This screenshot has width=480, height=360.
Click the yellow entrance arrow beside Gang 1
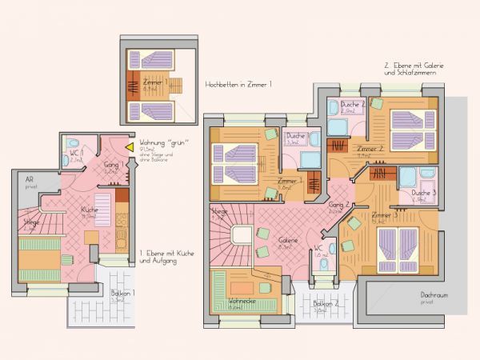(x=130, y=148)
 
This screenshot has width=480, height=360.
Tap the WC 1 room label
(x=76, y=153)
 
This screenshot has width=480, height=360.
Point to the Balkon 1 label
(x=116, y=294)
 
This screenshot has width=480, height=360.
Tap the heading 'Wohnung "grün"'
(x=158, y=142)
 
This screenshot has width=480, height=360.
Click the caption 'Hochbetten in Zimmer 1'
(x=238, y=83)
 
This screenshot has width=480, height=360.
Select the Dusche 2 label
(x=353, y=106)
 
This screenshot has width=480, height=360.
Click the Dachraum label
(x=434, y=297)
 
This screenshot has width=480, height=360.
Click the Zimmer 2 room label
(x=370, y=150)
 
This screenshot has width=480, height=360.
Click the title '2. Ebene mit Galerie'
(x=414, y=65)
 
